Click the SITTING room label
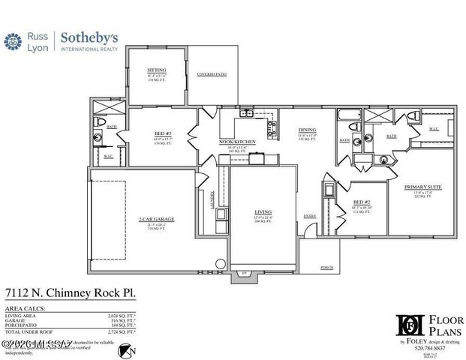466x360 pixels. (x=156, y=70)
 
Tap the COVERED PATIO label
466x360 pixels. (x=211, y=75)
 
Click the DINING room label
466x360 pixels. (x=307, y=130)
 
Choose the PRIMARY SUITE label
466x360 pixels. (x=420, y=187)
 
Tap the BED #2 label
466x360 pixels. (x=362, y=202)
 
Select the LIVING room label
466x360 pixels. (x=263, y=212)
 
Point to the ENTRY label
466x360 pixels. (x=309, y=216)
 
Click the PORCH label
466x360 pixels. (x=327, y=266)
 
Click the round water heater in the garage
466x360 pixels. (x=219, y=264)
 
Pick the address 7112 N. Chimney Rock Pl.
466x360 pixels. (x=71, y=294)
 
